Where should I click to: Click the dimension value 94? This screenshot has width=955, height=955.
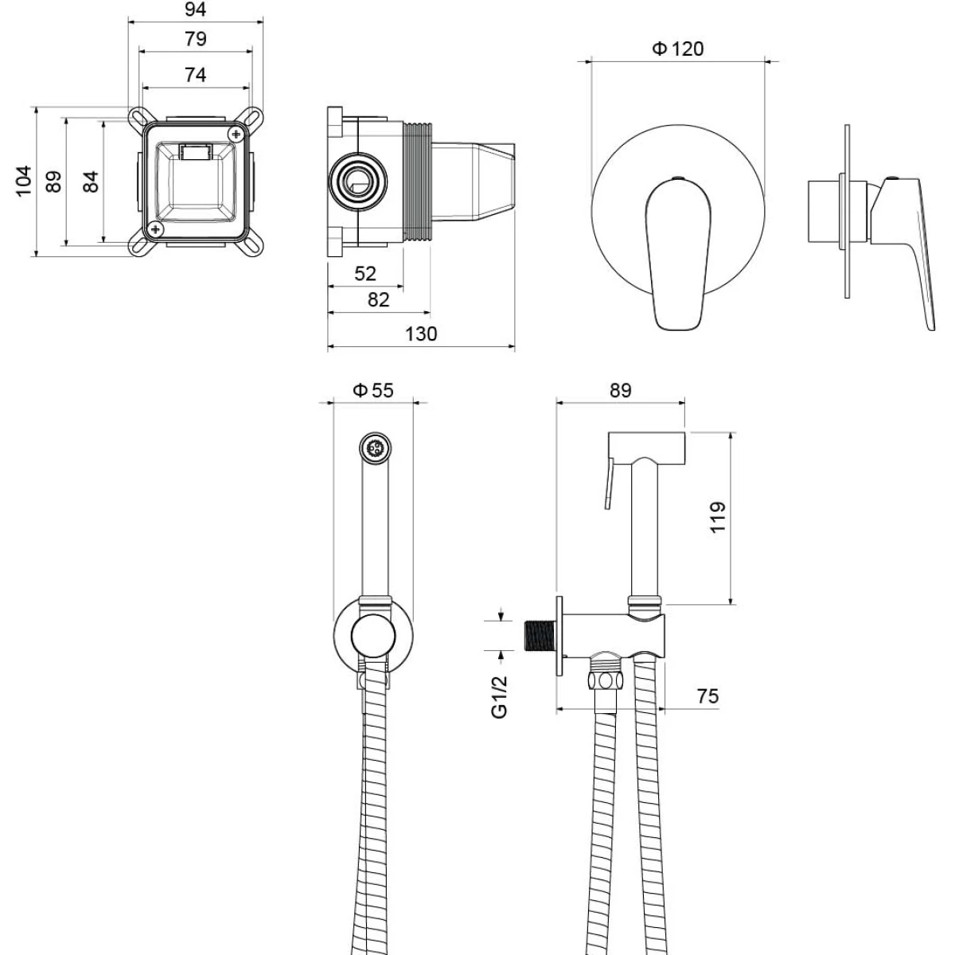(195, 10)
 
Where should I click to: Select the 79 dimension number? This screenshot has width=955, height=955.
(195, 39)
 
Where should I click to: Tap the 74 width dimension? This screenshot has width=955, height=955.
(195, 75)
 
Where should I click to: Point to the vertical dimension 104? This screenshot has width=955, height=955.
(24, 181)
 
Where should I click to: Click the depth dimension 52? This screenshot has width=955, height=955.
(365, 274)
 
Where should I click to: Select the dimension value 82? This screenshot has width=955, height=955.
(379, 300)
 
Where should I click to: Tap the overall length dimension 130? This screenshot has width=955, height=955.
(421, 334)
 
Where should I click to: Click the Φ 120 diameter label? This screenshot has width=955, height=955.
(677, 49)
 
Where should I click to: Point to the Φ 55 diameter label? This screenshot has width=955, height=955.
(373, 391)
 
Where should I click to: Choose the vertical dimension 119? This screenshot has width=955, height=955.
(718, 517)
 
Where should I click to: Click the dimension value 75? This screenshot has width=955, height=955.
(707, 696)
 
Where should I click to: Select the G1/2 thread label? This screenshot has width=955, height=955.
(500, 696)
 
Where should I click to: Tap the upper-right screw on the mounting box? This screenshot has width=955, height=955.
(236, 134)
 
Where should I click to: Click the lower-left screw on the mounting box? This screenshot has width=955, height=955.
(156, 229)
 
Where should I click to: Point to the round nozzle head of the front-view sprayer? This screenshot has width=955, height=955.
(375, 448)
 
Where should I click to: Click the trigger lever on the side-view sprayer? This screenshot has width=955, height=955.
(610, 483)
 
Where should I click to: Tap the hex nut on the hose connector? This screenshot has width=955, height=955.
(605, 680)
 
